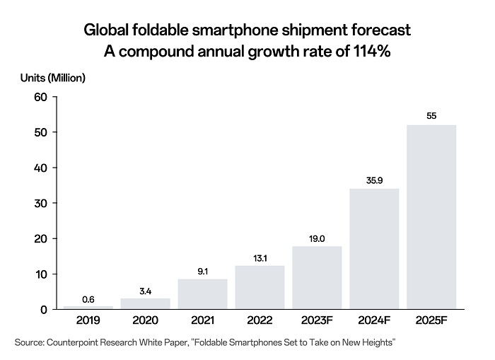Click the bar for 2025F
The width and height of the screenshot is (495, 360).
coord(431,217)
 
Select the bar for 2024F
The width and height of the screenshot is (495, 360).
coord(374,249)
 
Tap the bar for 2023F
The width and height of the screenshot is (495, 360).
coord(317,278)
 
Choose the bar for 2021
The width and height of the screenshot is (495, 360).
coord(202,294)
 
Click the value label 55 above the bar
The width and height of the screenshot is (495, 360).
coord(431,115)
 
